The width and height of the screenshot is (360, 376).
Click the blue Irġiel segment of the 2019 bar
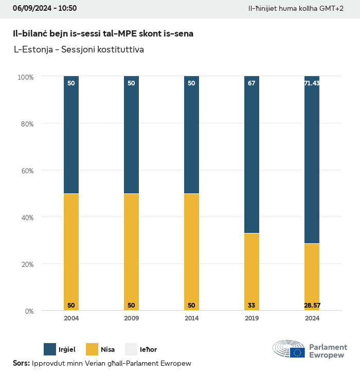click(251, 154)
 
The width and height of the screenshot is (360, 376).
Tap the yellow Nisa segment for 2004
click(71, 252)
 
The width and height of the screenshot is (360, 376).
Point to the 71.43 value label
click(312, 83)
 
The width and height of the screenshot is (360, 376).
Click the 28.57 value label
click(312, 306)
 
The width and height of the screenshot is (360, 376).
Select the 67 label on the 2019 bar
click(251, 83)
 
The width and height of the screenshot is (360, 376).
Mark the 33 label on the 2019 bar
click(251, 306)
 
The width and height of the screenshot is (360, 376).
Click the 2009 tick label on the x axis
click(131, 318)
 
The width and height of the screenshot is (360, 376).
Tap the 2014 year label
click(191, 318)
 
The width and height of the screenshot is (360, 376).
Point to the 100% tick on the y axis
click(26, 77)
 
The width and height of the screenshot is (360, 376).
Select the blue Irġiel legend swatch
click(50, 349)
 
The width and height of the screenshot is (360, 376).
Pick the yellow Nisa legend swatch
click(91, 349)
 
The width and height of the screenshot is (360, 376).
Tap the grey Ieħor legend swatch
click(131, 349)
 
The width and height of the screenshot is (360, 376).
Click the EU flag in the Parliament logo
click(297, 352)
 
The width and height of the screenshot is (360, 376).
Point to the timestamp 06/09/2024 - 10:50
click(45, 8)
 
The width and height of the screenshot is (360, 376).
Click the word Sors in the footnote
click(21, 363)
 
